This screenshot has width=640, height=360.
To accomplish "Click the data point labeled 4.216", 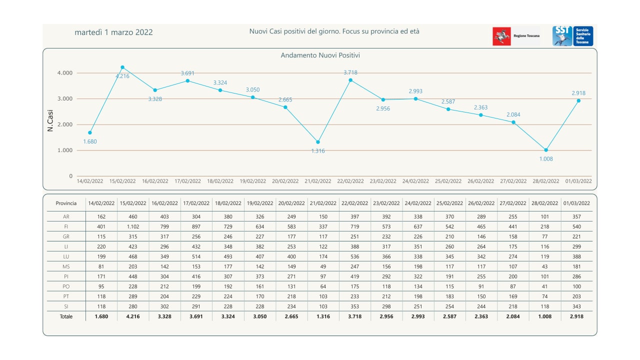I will (x=122, y=67).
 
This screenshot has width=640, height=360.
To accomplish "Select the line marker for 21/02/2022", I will (x=318, y=142).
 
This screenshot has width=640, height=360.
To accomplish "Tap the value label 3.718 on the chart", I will (x=350, y=72).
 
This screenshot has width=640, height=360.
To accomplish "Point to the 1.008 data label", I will (x=546, y=159).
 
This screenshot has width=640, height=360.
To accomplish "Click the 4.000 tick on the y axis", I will (x=64, y=73).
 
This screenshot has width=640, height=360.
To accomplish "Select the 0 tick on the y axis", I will (x=70, y=176).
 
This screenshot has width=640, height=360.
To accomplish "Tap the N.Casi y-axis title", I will (x=50, y=120).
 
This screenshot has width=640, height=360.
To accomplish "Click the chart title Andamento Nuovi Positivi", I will (x=320, y=55).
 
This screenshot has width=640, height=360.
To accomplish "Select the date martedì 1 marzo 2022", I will (x=113, y=32).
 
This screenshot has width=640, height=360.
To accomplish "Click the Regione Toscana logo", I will (x=516, y=36).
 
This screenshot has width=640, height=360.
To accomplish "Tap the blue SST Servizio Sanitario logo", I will (x=572, y=36).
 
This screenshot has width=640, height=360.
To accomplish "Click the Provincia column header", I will (x=66, y=203).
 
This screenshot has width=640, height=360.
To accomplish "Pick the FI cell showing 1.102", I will (x=133, y=226).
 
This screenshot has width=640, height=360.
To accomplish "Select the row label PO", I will (x=66, y=286).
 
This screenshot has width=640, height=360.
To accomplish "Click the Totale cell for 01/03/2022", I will (x=576, y=316).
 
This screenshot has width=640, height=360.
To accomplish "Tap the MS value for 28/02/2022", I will (x=545, y=266).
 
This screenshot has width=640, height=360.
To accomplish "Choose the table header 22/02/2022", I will (x=354, y=203).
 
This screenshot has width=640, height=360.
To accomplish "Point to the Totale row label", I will (x=66, y=316).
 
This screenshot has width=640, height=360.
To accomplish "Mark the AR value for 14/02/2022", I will (x=101, y=217).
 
